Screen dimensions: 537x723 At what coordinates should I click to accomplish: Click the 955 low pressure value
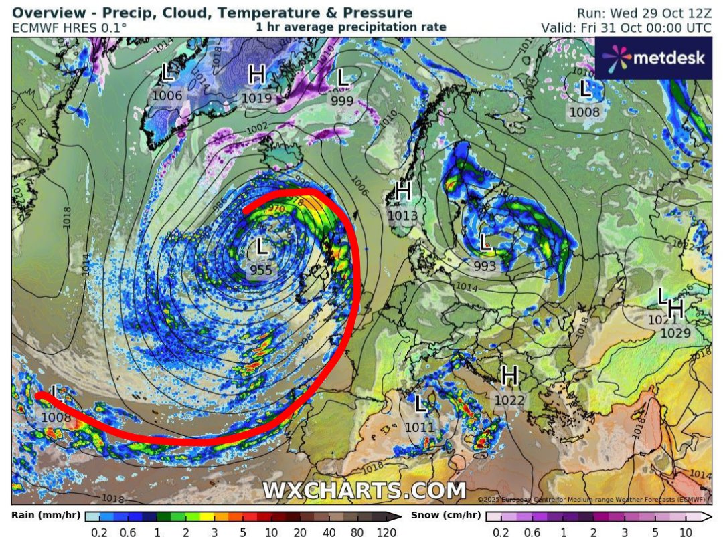261,270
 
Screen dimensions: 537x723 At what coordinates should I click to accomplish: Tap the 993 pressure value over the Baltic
485,266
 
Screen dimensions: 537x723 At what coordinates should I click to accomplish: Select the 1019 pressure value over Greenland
256,98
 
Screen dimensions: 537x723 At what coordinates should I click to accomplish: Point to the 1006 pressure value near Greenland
167,96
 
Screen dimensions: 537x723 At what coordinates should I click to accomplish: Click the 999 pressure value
342,100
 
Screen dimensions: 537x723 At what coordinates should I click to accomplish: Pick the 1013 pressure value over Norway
402,215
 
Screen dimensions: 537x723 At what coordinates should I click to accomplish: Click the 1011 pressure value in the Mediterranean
420,427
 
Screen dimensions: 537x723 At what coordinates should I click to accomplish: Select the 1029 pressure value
675,332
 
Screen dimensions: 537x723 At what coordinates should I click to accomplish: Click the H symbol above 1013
403,192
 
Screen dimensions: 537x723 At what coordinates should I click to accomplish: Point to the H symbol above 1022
510,376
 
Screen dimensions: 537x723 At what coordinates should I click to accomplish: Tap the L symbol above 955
261,247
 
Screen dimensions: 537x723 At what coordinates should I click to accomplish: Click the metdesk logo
653,58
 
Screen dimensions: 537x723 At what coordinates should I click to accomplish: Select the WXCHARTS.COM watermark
364,490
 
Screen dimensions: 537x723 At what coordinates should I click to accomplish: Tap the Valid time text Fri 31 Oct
627,28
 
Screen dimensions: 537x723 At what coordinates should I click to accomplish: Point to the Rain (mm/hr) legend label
42,515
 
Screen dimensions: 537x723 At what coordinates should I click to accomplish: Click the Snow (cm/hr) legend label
445,515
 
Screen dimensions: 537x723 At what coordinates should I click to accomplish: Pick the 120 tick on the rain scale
386,532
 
